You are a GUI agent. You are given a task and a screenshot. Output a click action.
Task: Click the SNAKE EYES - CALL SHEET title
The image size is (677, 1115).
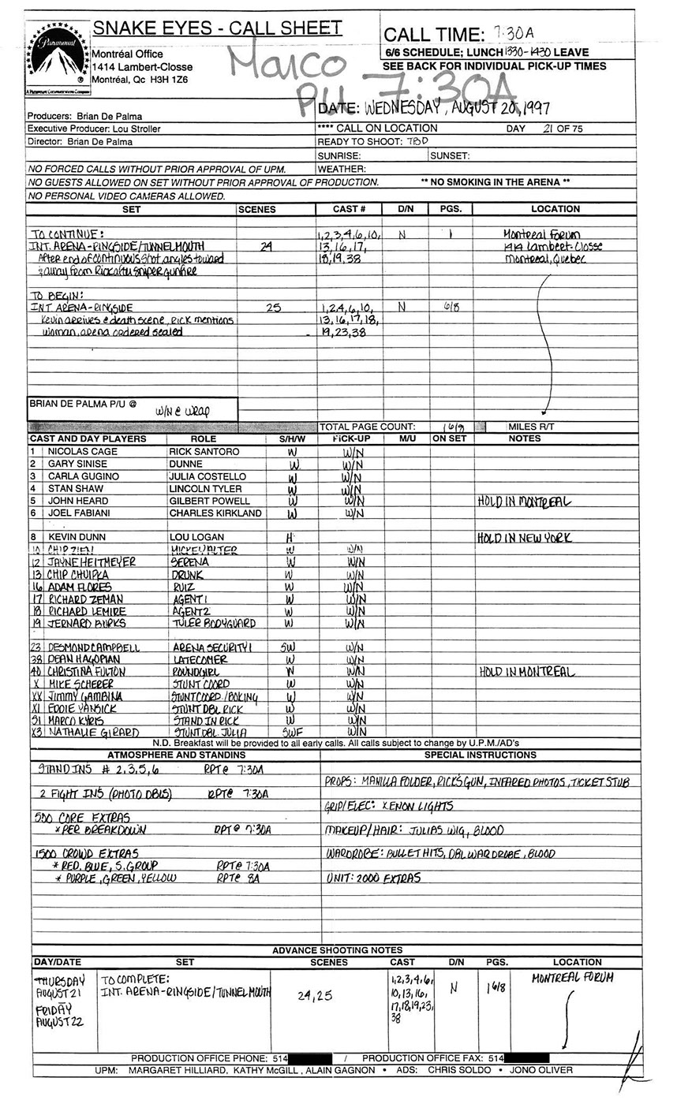click(x=217, y=29)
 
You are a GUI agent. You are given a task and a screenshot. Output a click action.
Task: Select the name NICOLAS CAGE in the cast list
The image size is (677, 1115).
click(x=84, y=452)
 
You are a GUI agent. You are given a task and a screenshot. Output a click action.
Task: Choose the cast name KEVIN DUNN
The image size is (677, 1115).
click(x=77, y=537)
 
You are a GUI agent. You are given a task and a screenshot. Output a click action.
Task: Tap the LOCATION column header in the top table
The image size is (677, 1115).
click(x=555, y=209)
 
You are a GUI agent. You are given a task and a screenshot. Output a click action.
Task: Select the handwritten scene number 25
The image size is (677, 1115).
click(x=272, y=308)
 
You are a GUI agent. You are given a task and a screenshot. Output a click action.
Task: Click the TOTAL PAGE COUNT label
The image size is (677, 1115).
click(x=367, y=427)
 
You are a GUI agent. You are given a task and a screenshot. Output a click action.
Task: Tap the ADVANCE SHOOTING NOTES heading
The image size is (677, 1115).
click(x=337, y=950)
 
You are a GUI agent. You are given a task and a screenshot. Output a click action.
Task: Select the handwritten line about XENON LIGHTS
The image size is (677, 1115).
click(x=391, y=807)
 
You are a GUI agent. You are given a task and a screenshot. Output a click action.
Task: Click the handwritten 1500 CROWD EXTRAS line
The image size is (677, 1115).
click(x=87, y=853)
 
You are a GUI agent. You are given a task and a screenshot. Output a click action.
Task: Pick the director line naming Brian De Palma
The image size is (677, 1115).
click(x=80, y=142)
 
